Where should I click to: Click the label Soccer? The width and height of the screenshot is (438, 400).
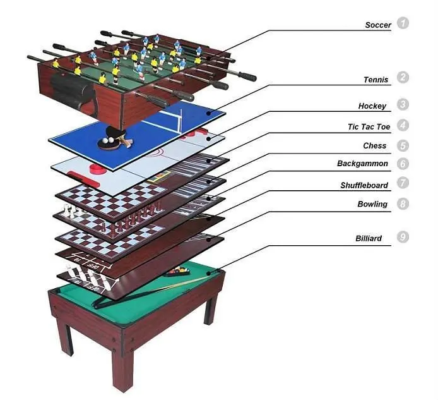(x=377, y=25)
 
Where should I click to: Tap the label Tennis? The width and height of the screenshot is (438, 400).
(x=376, y=80)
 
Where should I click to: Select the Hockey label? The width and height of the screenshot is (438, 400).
(x=372, y=106)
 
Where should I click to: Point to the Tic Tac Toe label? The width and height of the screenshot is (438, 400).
(x=369, y=127)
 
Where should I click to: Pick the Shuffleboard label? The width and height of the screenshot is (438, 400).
(x=365, y=185)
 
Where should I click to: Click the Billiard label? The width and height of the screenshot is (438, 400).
(x=369, y=238)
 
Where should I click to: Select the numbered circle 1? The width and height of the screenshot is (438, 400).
(x=403, y=23)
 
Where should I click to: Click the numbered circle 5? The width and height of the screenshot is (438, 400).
(x=403, y=145)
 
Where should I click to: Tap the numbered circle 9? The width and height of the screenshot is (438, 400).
(x=403, y=238)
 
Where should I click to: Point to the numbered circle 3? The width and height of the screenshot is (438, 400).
(x=403, y=105)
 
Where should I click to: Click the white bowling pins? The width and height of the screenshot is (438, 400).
(x=83, y=274)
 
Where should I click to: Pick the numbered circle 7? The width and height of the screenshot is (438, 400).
(x=403, y=183)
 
